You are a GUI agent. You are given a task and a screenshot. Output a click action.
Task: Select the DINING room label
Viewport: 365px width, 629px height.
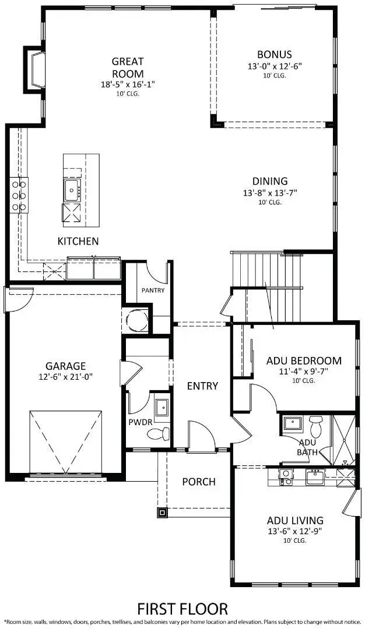click(270, 181)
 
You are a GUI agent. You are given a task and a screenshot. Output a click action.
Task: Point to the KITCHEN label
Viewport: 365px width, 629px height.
click(78, 241)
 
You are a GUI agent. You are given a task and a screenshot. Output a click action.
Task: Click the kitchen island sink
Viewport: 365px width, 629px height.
click(73, 188)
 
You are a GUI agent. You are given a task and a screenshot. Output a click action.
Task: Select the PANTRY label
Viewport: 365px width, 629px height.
click(153, 290)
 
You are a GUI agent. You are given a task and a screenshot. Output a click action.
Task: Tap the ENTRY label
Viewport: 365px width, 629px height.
click(202, 386)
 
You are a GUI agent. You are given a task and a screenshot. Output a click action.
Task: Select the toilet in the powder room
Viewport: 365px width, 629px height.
click(159, 433)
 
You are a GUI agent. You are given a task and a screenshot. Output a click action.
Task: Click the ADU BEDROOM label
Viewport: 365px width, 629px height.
click(304, 361)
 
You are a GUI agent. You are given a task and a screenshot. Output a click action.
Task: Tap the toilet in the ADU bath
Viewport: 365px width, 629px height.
click(316, 426)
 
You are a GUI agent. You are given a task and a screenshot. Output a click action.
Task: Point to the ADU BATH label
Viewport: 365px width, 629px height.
click(290, 447)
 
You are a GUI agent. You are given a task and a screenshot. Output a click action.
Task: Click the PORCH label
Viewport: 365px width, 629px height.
click(198, 482)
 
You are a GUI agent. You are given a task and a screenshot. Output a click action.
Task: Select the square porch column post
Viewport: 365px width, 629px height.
click(161, 513)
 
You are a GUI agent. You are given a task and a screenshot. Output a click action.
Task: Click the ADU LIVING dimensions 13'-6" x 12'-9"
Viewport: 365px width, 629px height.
click(296, 531)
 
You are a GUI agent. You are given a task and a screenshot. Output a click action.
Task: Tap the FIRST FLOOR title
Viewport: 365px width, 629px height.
click(182, 609)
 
